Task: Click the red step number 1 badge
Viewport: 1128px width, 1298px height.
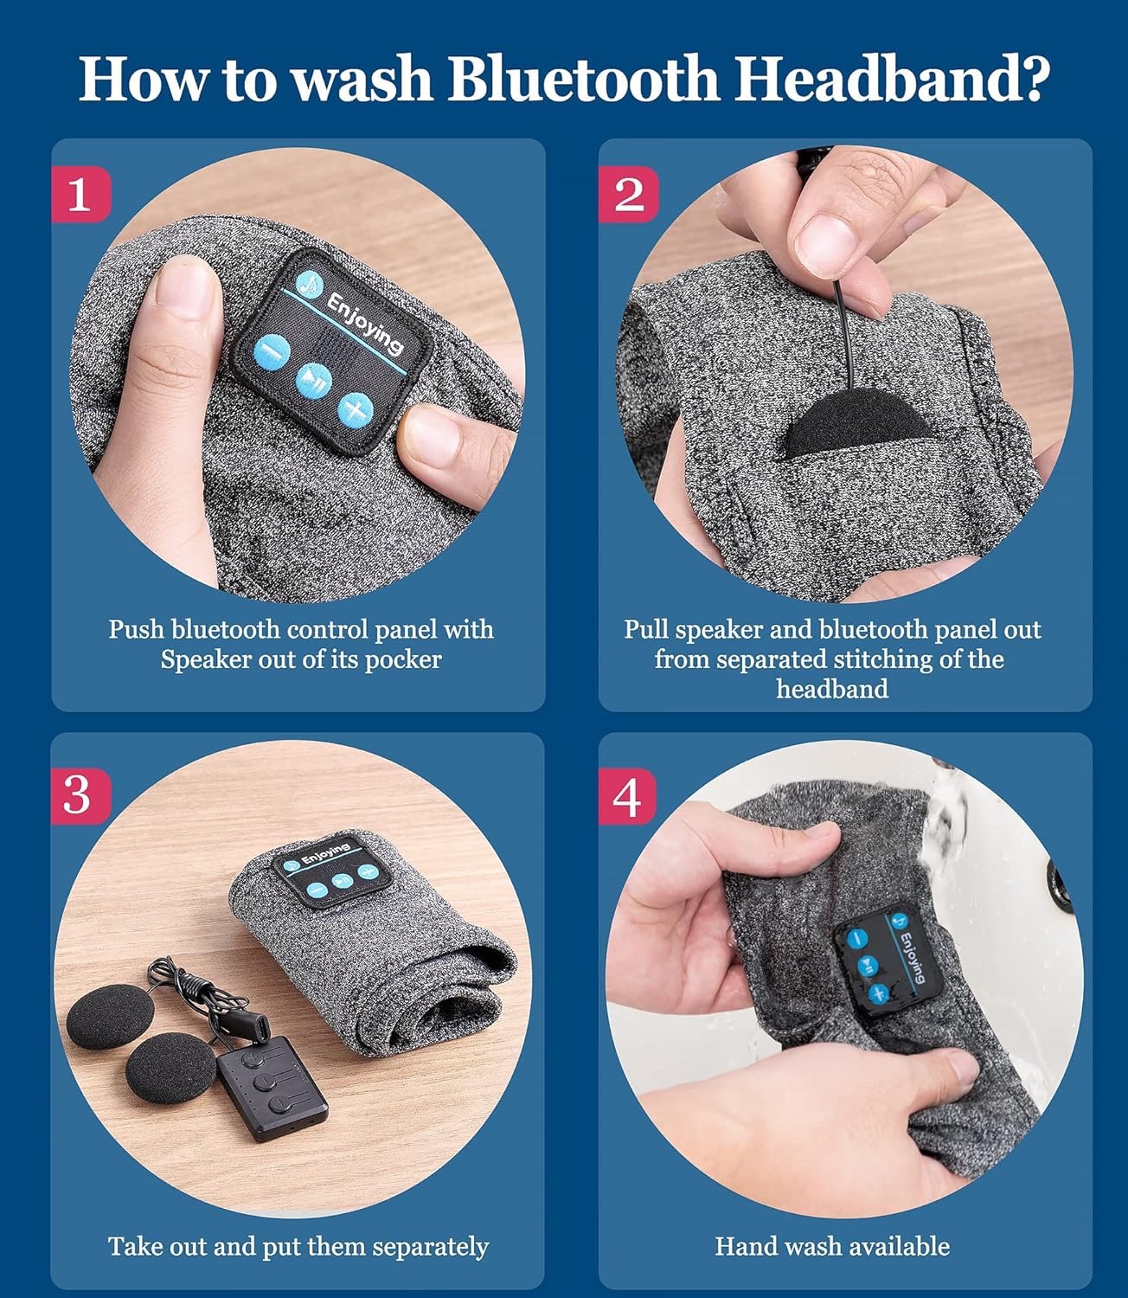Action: tap(80, 194)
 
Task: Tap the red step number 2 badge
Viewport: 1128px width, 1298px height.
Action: tap(628, 194)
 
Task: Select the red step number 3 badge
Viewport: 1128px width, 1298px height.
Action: tap(80, 795)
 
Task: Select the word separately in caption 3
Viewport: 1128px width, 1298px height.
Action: tap(431, 1247)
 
